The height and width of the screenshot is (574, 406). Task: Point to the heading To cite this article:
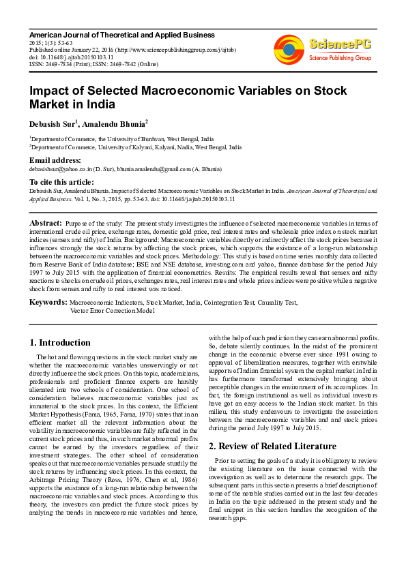point(61,182)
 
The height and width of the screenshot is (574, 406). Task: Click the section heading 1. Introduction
point(61,342)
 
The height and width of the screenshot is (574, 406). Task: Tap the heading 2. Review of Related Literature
point(272,446)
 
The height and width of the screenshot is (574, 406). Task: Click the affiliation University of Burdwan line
point(121,138)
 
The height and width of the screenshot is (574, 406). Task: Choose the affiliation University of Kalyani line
point(135,147)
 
